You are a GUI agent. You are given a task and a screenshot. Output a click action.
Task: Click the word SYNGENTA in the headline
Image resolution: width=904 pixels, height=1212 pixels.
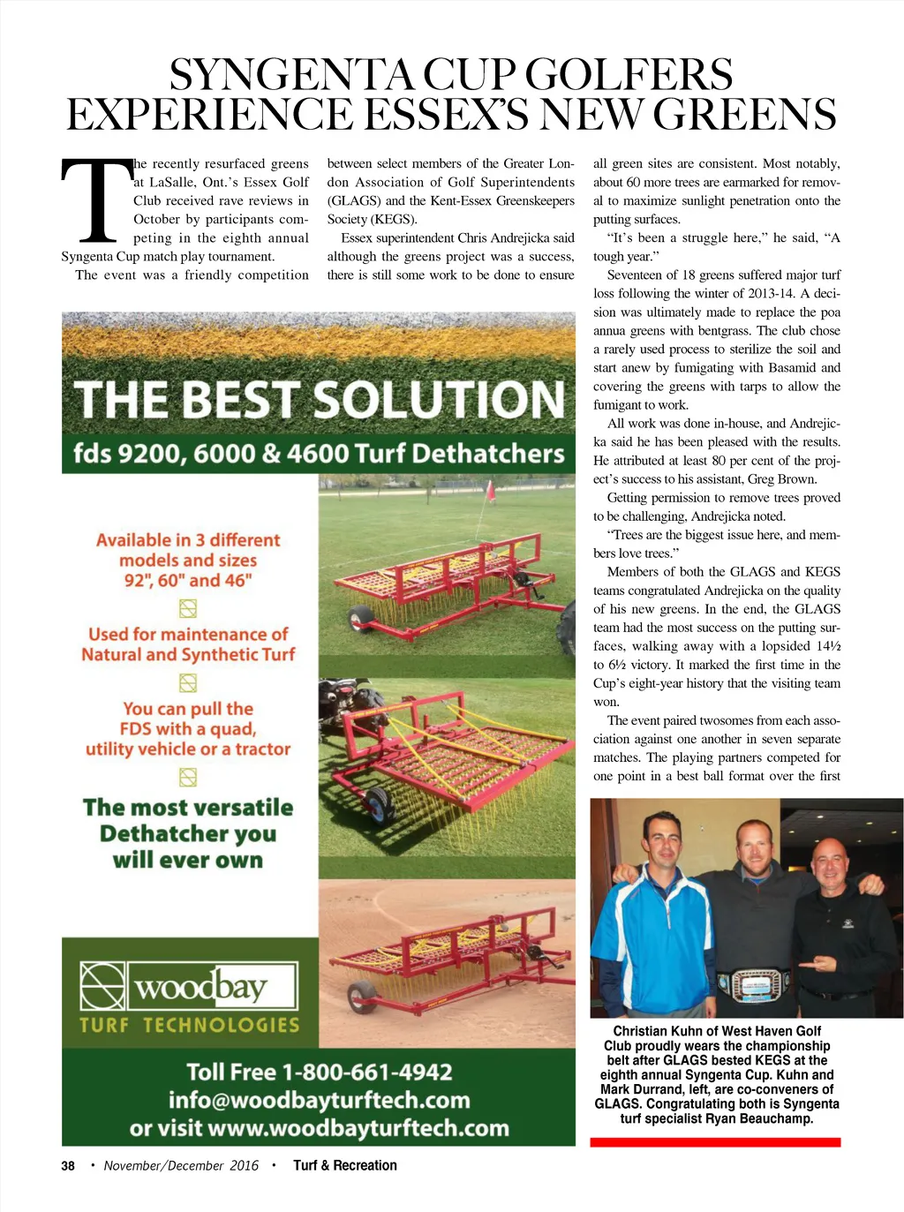(x=291, y=75)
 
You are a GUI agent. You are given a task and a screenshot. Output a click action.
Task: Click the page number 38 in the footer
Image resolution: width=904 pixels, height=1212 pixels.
(x=68, y=1166)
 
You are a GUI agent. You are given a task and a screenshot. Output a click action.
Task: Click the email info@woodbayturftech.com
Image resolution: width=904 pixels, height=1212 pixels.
(x=320, y=1101)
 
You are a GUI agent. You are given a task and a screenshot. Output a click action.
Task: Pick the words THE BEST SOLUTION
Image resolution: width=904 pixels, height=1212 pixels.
(x=319, y=400)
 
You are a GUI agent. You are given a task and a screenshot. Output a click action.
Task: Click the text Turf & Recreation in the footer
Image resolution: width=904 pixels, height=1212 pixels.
(x=345, y=1166)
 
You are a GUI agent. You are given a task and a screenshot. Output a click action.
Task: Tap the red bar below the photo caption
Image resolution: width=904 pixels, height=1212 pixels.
(x=715, y=1142)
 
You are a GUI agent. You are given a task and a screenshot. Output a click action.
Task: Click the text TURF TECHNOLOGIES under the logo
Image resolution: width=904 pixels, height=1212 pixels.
(x=190, y=1025)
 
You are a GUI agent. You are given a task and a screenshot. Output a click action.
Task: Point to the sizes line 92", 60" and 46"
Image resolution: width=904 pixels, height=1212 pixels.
(x=188, y=581)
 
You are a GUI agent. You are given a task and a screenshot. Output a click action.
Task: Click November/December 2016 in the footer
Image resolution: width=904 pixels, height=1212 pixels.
(x=181, y=1166)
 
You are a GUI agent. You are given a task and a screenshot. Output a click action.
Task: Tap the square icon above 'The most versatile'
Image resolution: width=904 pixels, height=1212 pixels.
(x=188, y=778)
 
